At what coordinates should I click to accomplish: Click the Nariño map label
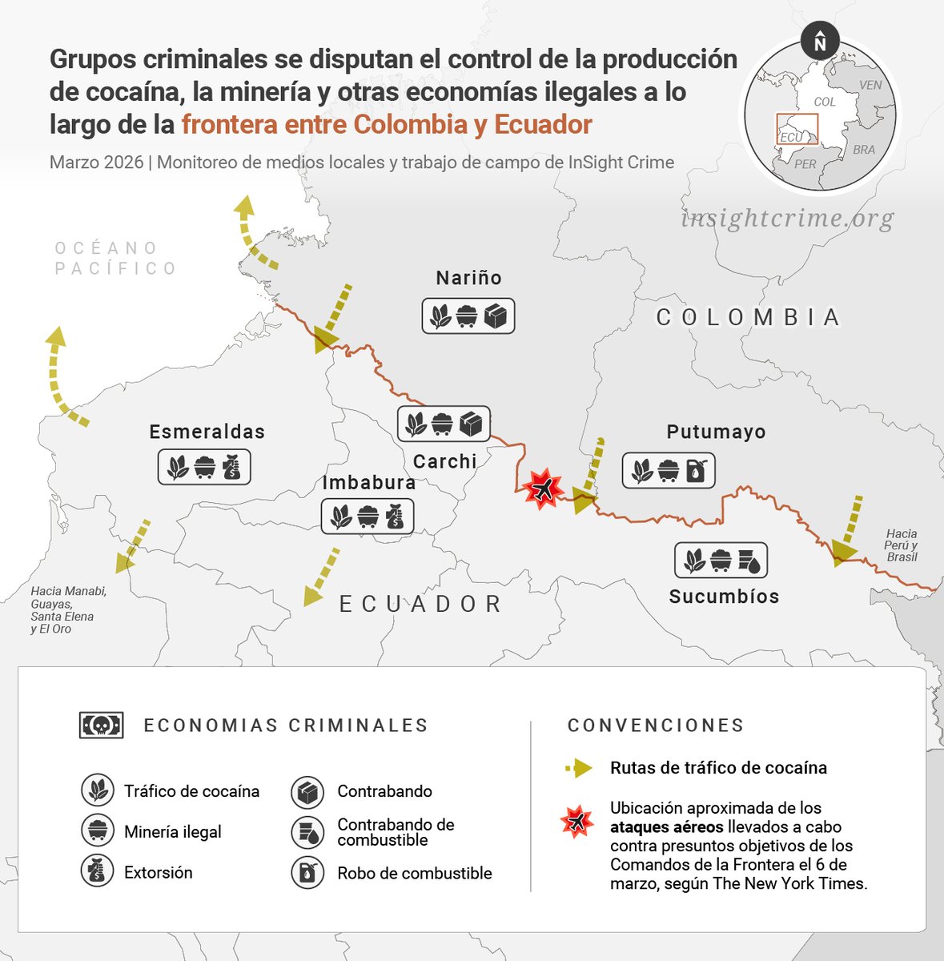[468, 278]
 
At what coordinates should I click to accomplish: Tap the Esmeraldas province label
[207, 432]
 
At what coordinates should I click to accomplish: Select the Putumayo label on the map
[716, 432]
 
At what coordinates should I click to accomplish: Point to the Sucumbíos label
[724, 597]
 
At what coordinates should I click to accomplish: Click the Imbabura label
[368, 483]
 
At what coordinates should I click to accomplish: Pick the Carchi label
[444, 461]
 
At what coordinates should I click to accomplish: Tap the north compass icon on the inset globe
[819, 41]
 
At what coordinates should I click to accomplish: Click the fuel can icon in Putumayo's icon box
[697, 472]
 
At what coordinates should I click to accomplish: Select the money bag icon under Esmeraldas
[231, 467]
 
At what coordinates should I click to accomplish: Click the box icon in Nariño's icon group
[496, 316]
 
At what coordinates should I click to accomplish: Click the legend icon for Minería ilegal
[98, 831]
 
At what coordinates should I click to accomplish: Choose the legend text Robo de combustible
[414, 873]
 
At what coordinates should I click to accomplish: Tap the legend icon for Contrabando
[307, 792]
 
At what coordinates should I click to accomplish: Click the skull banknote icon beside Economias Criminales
[102, 726]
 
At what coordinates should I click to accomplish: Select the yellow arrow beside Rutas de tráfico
[579, 768]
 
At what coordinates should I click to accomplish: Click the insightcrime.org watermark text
[787, 218]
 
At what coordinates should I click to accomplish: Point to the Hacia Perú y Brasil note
[902, 545]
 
